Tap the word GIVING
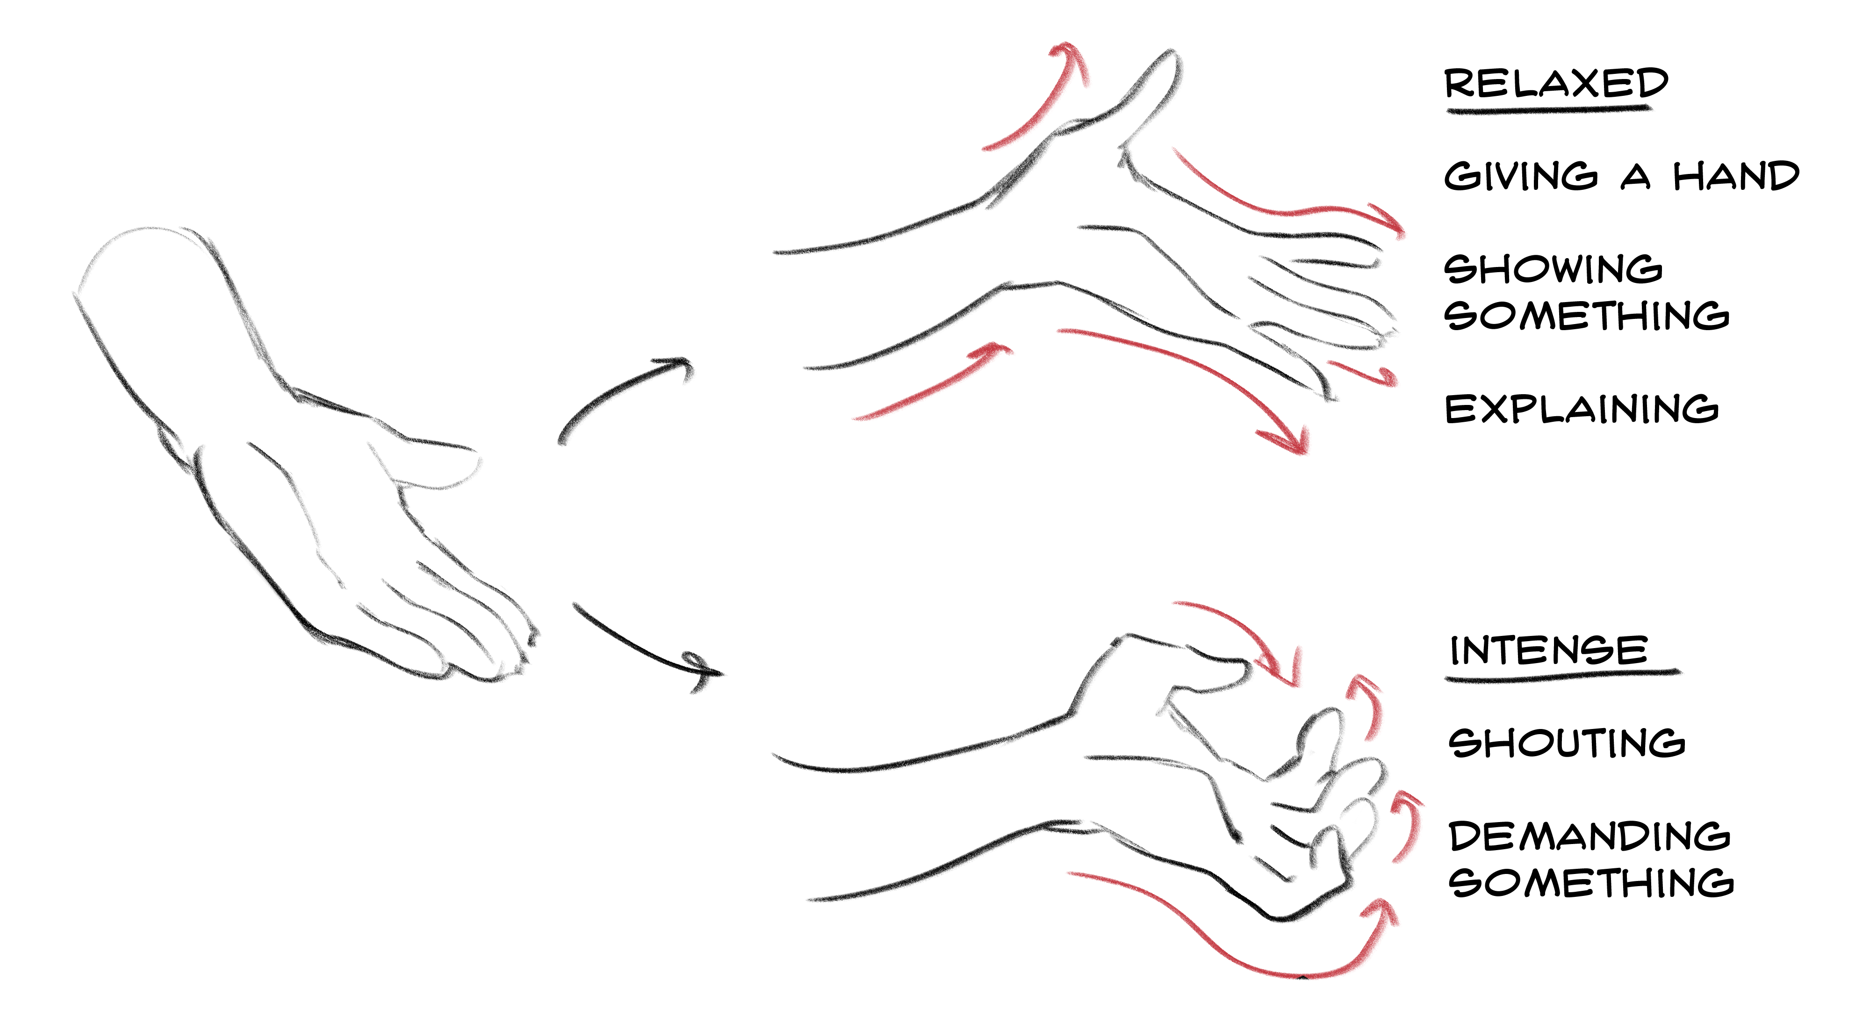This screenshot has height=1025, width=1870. point(1521,176)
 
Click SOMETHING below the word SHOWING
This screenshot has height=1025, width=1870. point(1587,315)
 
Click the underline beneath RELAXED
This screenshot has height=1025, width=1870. point(1548,109)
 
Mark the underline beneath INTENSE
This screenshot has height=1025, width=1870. point(1562,676)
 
